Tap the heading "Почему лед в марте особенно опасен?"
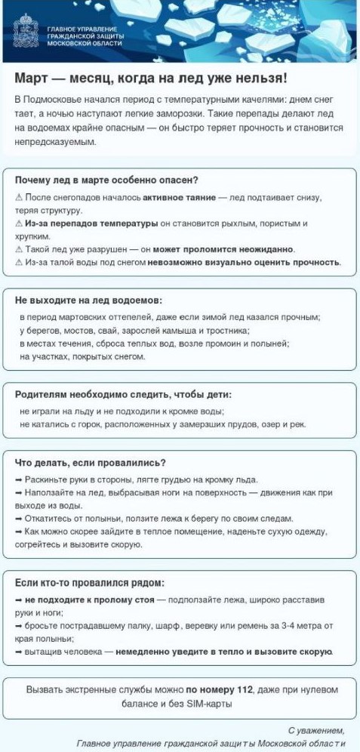pos(106,180)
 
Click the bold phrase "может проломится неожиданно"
pos(223,249)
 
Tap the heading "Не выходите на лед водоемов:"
pos(88,300)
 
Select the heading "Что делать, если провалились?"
pos(91,462)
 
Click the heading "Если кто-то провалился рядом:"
pos(89,583)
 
